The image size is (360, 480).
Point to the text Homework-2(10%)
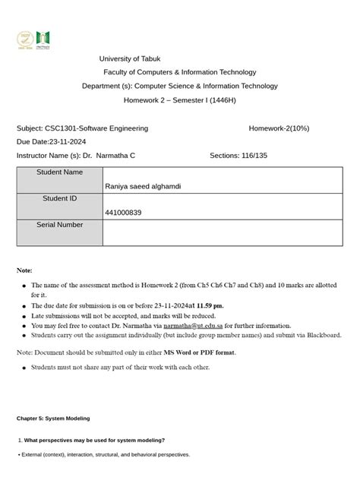(x=279, y=128)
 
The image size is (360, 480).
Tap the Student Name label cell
(x=59, y=172)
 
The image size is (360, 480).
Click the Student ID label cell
(x=59, y=198)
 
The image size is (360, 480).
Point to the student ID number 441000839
(x=124, y=213)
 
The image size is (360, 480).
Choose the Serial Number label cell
(x=59, y=225)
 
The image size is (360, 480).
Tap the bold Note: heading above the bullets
(x=24, y=270)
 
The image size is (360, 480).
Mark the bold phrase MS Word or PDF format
(x=199, y=352)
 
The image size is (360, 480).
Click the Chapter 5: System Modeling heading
(x=53, y=418)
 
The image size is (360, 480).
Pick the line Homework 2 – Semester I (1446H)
(x=180, y=100)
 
